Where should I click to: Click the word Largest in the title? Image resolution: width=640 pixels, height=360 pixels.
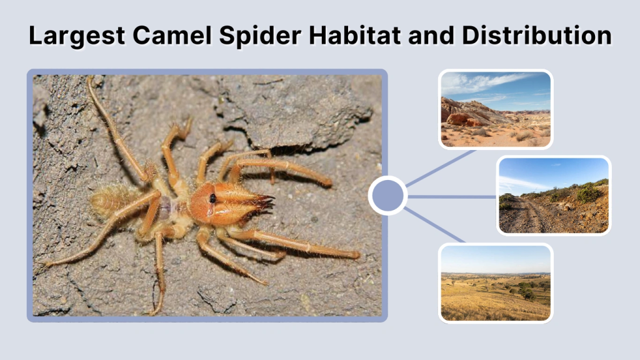[69, 36]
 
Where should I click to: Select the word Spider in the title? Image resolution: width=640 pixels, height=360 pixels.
[251, 36]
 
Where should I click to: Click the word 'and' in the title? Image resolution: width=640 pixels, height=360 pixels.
[430, 36]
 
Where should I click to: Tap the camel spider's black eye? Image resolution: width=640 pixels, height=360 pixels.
[213, 198]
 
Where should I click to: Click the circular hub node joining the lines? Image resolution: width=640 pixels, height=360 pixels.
[387, 196]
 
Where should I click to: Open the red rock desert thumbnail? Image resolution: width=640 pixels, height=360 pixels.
[495, 109]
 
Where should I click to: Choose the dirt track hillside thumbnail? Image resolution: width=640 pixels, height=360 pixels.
[553, 196]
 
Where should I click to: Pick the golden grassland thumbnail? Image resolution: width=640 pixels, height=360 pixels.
[495, 282]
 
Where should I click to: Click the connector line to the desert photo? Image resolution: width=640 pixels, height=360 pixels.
[441, 167]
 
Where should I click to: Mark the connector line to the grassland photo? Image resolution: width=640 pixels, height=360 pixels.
[434, 224]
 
